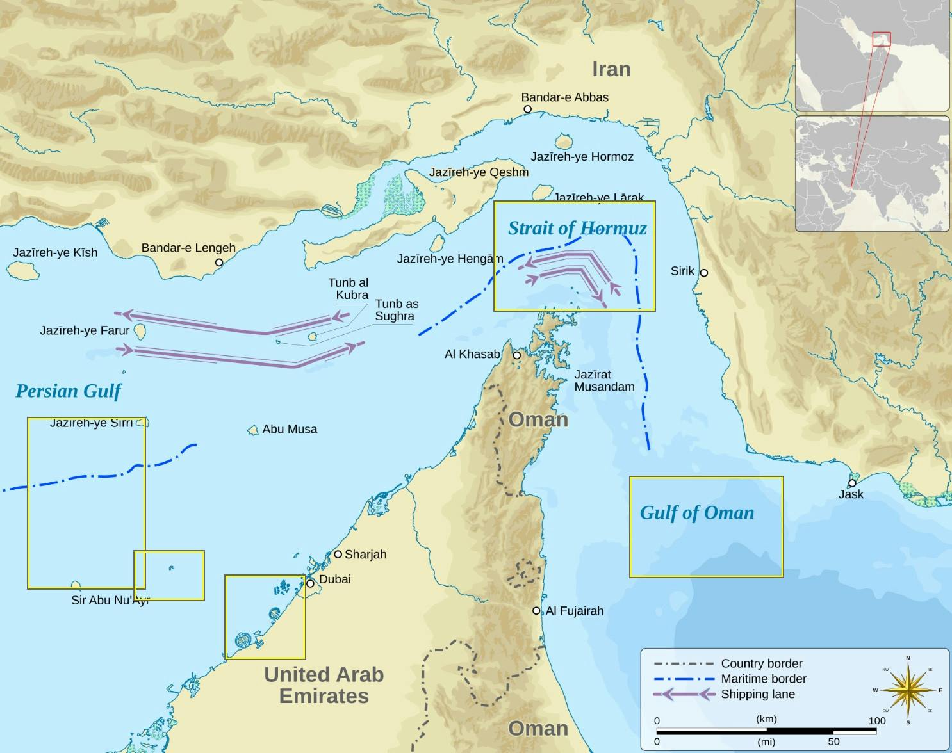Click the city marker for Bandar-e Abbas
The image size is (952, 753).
tap(527, 109)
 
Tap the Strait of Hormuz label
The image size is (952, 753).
tap(577, 228)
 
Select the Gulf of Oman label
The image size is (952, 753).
tap(697, 513)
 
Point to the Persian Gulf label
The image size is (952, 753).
tap(68, 391)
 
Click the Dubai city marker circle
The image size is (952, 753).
tap(310, 583)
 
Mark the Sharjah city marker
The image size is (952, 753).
tap(338, 554)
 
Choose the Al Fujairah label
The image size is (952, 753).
tap(575, 611)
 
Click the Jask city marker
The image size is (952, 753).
tap(852, 483)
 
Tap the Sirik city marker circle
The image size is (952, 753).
tap(703, 273)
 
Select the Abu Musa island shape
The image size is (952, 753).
tap(253, 430)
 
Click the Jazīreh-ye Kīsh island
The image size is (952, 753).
tap(23, 273)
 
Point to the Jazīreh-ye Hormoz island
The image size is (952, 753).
tap(563, 141)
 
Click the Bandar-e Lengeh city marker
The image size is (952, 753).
tap(219, 262)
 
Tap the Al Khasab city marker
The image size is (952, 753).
tap(516, 355)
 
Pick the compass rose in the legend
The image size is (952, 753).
tap(908, 690)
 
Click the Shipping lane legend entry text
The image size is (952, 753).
tap(758, 694)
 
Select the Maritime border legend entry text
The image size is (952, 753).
tap(764, 679)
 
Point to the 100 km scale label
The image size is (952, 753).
tap(876, 720)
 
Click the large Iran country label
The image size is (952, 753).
tap(611, 69)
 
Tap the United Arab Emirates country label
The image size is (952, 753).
tap(324, 684)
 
